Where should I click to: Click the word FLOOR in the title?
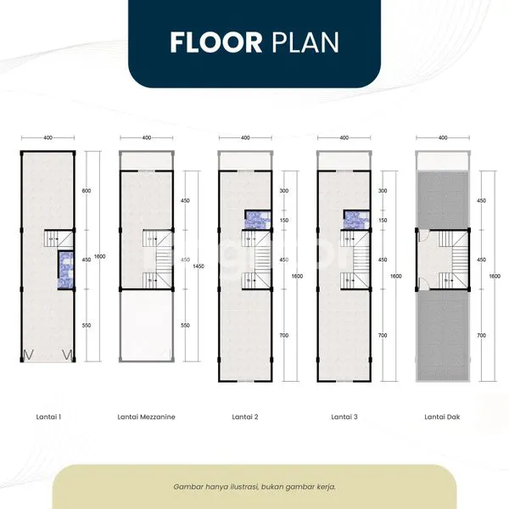coord(216,42)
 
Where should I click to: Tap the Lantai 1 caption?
coord(48,417)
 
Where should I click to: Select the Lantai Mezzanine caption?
coord(147,417)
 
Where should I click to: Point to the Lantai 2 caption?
coord(245,417)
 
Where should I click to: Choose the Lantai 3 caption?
coord(344,417)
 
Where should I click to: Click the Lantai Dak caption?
coord(442,417)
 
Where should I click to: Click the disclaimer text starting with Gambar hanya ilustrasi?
coord(255,486)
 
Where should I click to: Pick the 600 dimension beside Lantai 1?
coord(86,191)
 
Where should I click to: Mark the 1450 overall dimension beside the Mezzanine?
coord(198,266)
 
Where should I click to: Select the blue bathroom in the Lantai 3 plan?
coord(353,219)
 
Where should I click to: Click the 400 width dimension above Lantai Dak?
coord(442,137)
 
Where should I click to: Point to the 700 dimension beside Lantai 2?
coord(283,335)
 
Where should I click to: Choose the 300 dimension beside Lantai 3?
coord(382,191)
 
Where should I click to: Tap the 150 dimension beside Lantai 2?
coord(283,220)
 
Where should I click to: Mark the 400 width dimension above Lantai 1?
coord(48,137)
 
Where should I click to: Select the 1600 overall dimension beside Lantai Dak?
coord(494,276)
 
